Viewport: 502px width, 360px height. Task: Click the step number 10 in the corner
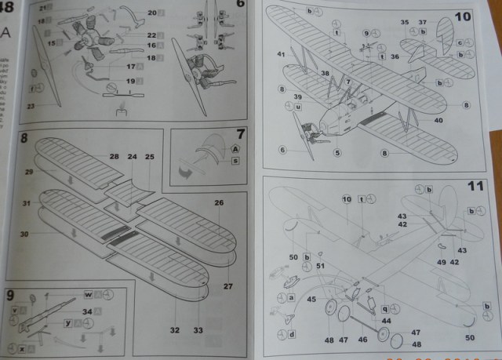[463, 16]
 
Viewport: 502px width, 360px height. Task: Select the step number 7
[241, 134]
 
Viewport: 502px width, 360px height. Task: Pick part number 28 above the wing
[115, 158]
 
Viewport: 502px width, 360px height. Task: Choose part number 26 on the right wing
[219, 203]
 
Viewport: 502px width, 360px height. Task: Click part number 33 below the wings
[198, 330]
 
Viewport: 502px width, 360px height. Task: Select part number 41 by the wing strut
[280, 54]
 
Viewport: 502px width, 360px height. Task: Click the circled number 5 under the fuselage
[337, 153]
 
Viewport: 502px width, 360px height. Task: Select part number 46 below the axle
[362, 341]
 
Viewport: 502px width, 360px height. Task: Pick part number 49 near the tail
[441, 262]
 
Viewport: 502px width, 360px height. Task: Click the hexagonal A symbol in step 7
[235, 149]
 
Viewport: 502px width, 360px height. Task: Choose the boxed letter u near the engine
[300, 106]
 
